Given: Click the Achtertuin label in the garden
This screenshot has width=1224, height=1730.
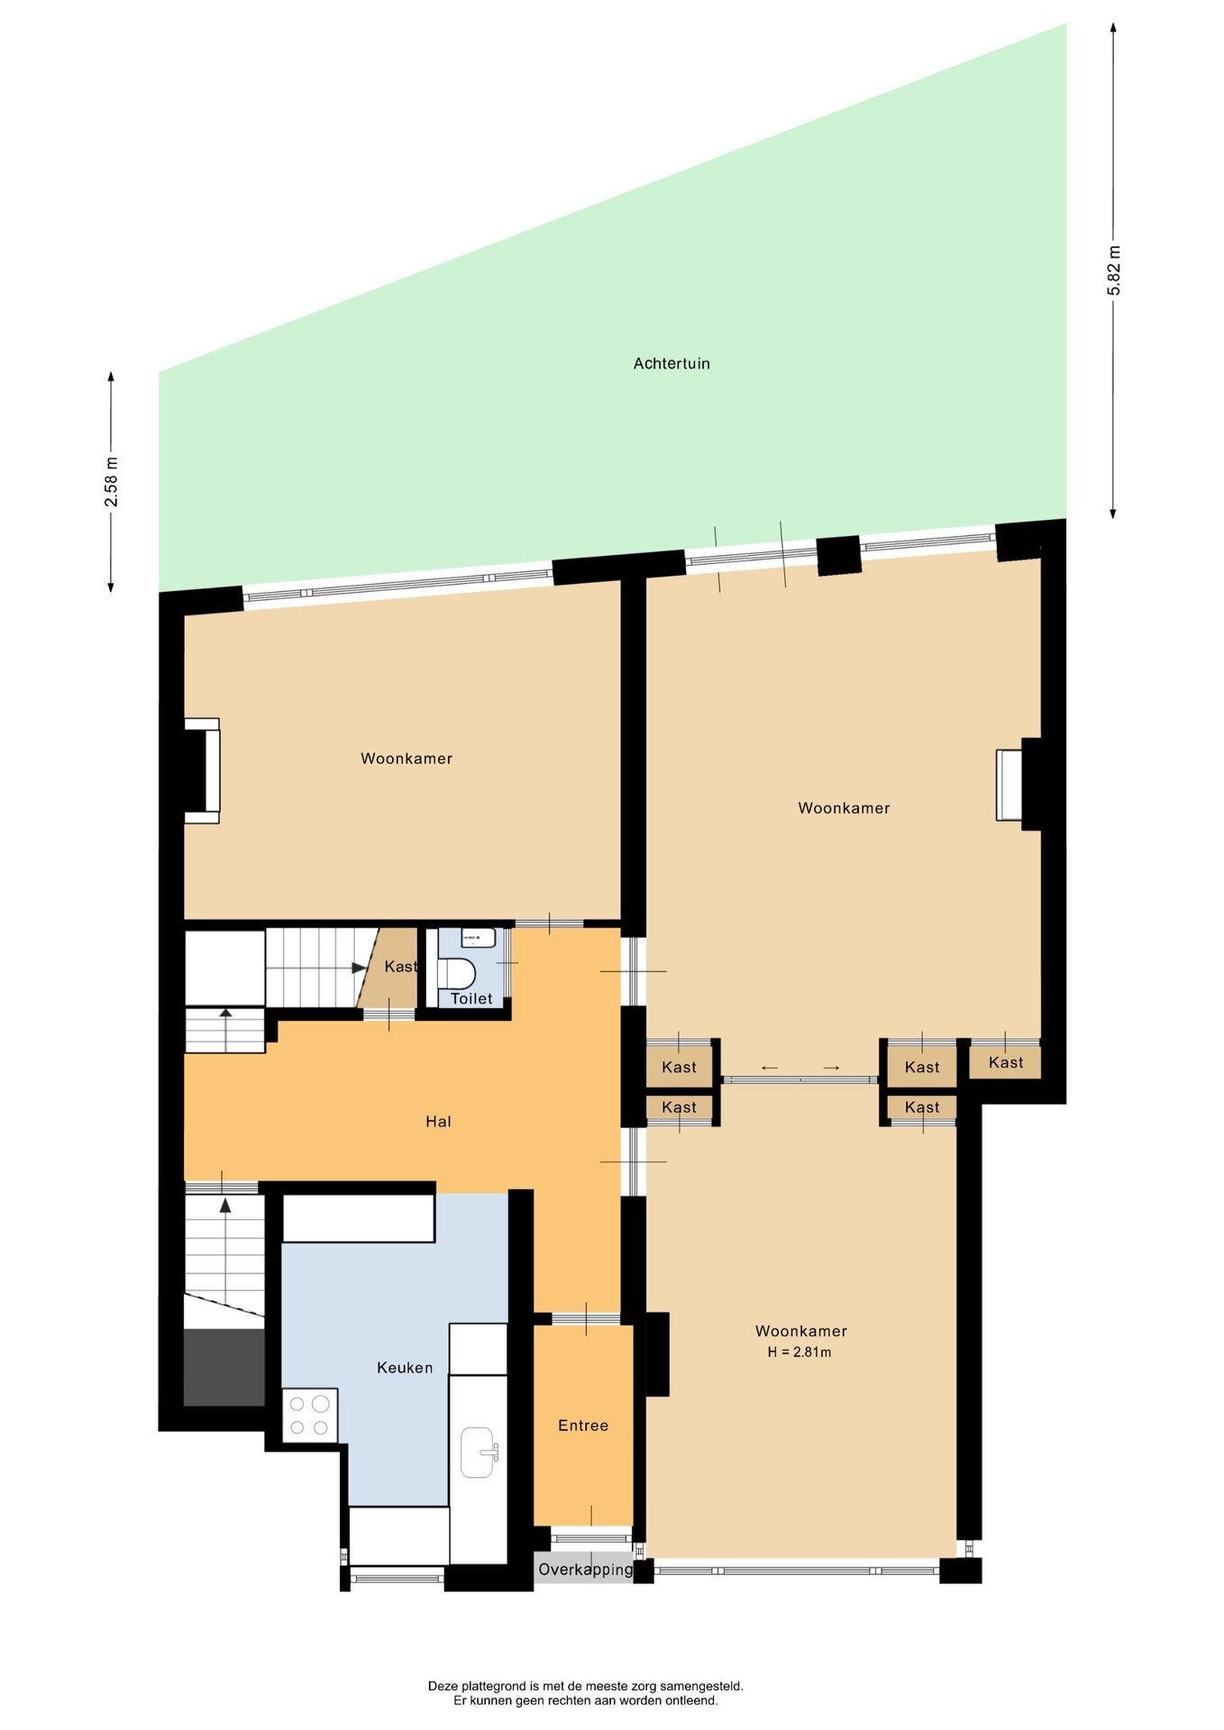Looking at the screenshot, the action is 671,363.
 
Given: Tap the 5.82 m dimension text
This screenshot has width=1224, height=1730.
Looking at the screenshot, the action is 1114,270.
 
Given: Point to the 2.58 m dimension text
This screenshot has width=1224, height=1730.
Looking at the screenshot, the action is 111,482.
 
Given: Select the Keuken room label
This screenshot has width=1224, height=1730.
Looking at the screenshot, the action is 405,1368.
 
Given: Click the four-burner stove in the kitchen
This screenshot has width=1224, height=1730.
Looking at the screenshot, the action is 310,1415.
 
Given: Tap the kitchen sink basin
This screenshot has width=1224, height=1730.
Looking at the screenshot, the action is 479,1452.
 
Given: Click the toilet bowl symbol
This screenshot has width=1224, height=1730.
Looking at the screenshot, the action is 459,973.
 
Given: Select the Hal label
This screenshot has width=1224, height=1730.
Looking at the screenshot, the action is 438,1121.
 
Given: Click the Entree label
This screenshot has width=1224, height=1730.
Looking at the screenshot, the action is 583,1425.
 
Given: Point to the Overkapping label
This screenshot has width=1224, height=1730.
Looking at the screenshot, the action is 586,1570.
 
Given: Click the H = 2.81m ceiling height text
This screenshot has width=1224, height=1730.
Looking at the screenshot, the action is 799,1352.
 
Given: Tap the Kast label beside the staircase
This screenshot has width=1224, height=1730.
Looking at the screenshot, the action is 401,967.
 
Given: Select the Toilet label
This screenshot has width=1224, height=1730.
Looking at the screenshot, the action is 471,998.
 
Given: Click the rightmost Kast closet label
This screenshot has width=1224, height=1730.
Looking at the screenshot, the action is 1006,1062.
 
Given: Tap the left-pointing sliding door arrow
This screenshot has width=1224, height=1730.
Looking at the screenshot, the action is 770,1068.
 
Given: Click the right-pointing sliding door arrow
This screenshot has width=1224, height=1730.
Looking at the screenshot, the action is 831,1068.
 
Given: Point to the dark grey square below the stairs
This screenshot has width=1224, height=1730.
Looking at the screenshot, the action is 224,1367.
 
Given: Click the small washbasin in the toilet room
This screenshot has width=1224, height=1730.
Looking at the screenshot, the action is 479,938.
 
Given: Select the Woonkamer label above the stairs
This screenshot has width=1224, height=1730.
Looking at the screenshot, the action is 406,759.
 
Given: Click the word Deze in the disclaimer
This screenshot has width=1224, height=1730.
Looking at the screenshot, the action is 443,1686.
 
